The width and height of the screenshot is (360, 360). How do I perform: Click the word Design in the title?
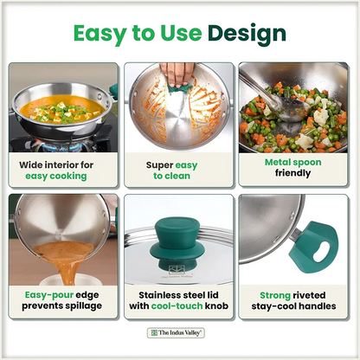[247, 34]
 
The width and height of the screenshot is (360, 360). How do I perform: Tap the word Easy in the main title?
[100, 34]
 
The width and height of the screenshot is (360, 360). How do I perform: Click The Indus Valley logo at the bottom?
[176, 333]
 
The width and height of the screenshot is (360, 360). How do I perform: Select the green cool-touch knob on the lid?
[176, 243]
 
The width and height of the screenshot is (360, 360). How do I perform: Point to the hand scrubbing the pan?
[177, 74]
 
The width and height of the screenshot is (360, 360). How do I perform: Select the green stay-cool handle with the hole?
[314, 247]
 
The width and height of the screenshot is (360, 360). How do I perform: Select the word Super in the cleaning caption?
[159, 165]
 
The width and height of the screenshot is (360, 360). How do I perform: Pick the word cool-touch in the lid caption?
[177, 306]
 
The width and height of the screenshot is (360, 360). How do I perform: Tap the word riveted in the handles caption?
[309, 295]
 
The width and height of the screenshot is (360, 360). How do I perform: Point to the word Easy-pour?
[49, 295]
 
